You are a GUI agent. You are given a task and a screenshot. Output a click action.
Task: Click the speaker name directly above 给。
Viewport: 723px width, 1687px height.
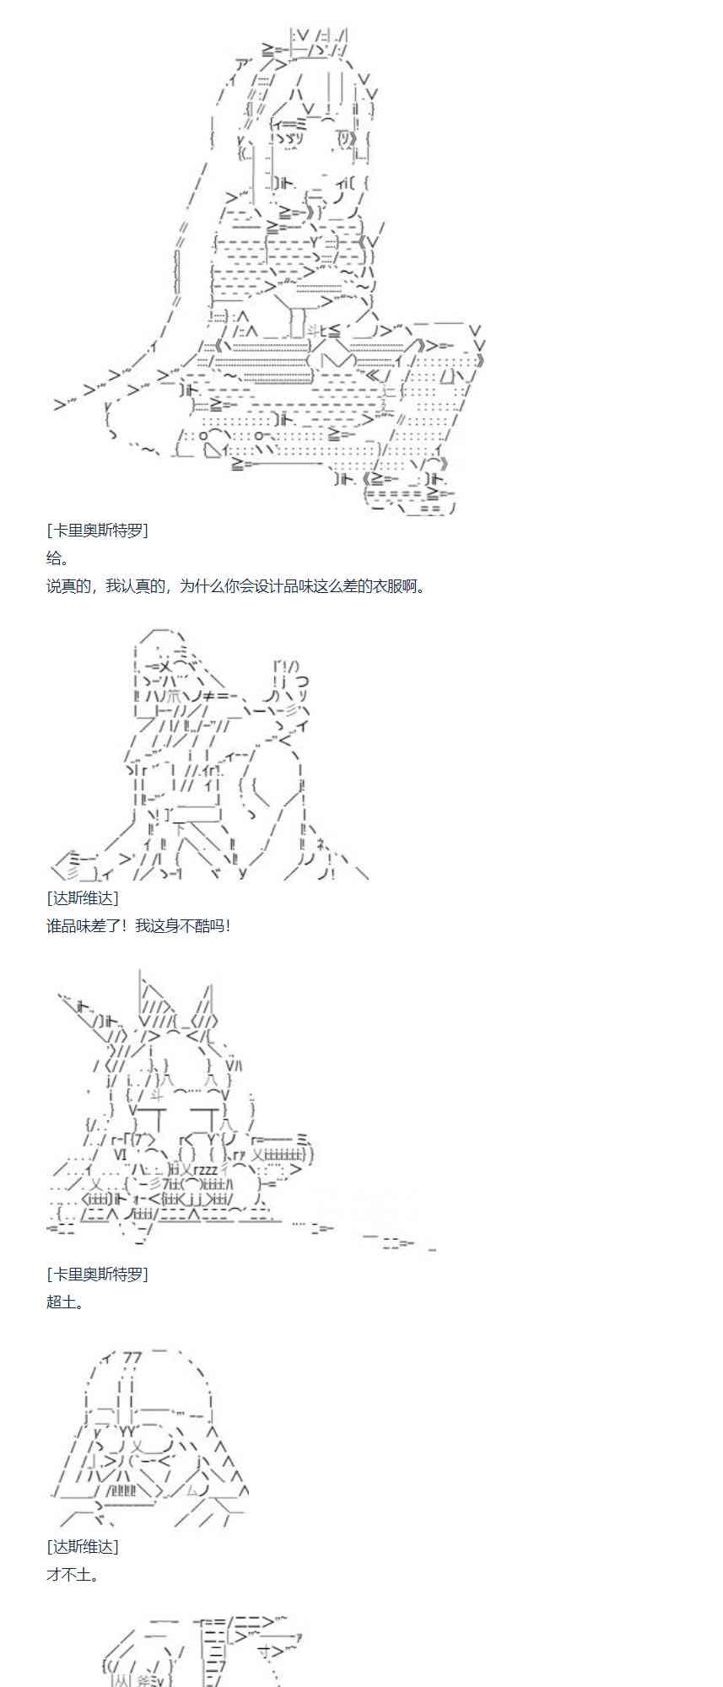pos(97,531)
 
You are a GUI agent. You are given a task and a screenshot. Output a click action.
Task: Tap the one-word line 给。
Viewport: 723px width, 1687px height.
pos(57,558)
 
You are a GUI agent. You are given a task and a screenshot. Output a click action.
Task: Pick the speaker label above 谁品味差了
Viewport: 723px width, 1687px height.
pos(83,897)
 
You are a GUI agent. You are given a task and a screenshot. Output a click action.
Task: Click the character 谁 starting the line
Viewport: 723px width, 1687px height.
pos(54,925)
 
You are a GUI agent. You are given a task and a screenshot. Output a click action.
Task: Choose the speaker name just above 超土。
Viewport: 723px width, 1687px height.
pos(97,1274)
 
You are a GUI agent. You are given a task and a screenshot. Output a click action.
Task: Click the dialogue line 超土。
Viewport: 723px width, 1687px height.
pos(65,1302)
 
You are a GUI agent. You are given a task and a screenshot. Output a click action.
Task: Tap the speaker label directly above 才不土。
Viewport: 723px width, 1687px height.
pos(83,1546)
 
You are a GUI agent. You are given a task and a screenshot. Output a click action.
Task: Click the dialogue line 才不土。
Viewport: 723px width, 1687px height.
pos(72,1574)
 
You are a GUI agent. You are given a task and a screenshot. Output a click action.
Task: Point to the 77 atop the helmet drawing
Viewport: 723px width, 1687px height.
pos(132,1357)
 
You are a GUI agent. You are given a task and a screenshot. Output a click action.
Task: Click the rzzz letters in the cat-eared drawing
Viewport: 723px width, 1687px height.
pos(205,1169)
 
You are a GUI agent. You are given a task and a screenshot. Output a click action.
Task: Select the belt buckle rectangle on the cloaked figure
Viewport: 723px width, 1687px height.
pos(195,814)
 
